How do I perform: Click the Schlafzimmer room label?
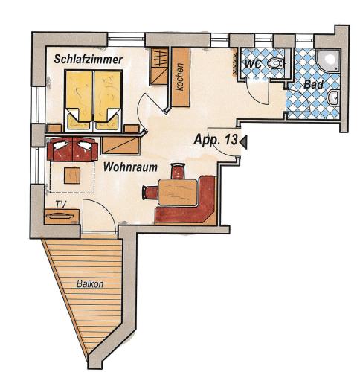pyautogui.click(x=89, y=60)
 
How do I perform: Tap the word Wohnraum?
pyautogui.click(x=130, y=167)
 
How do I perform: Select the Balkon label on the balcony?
pyautogui.click(x=90, y=283)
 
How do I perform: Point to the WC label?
pyautogui.click(x=253, y=64)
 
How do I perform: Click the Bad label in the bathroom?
pyautogui.click(x=314, y=84)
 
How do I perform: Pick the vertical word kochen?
pyautogui.click(x=180, y=77)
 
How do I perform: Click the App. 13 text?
pyautogui.click(x=216, y=140)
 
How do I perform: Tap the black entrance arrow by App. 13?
pyautogui.click(x=243, y=142)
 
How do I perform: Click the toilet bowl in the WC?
pyautogui.click(x=274, y=63)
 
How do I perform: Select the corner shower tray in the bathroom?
pyautogui.click(x=328, y=60)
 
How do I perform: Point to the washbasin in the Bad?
pyautogui.click(x=333, y=98)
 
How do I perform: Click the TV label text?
pyautogui.click(x=61, y=205)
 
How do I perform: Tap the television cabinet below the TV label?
pyautogui.click(x=62, y=217)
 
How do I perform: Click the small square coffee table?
pyautogui.click(x=72, y=176)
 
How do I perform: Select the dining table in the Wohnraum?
pyautogui.click(x=178, y=192)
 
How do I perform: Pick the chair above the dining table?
pyautogui.click(x=178, y=171)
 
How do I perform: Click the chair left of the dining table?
pyautogui.click(x=150, y=193)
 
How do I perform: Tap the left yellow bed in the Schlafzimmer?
pyautogui.click(x=79, y=100)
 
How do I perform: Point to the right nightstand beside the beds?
pyautogui.click(x=132, y=129)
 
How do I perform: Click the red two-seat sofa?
pyautogui.click(x=72, y=149)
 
